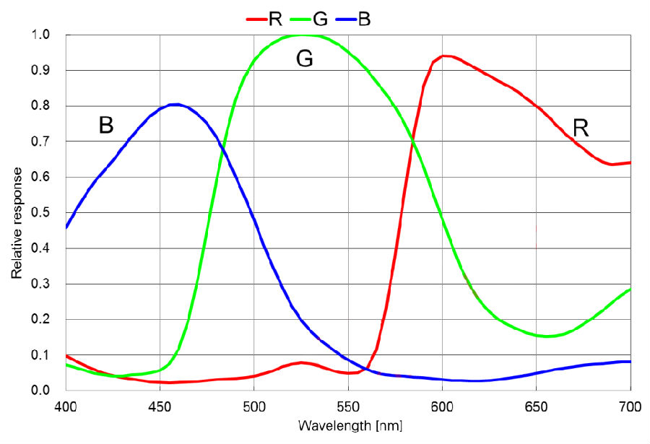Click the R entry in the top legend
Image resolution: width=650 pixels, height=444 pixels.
coord(264,19)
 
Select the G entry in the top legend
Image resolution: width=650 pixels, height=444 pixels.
coord(310,19)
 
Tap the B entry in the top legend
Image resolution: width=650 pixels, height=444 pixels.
coord(355,19)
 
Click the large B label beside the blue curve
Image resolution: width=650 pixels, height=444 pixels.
coord(106,126)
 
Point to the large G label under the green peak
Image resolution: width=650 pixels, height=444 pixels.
coord(305,59)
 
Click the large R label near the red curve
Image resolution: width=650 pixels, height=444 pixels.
coord(580,129)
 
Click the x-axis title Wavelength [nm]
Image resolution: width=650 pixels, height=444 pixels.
coord(350,425)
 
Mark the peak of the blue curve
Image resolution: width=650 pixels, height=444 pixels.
coord(174,105)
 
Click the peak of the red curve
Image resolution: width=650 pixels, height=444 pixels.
coord(443,56)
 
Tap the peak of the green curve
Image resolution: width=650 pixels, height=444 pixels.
coord(303,35)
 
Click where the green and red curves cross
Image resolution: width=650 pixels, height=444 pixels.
coord(412,139)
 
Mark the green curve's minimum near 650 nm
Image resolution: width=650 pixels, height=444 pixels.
coord(547,336)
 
